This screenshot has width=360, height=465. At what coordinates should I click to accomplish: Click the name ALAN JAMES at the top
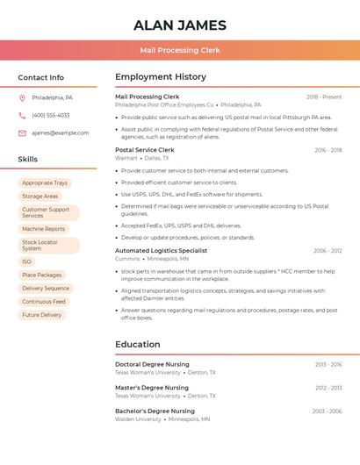click(180, 25)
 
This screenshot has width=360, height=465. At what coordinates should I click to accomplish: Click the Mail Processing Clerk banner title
click(180, 51)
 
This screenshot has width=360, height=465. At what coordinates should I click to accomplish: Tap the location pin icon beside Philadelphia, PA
click(22, 97)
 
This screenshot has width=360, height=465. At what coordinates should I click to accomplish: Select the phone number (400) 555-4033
click(50, 115)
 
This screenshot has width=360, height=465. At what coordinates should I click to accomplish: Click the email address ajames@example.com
click(60, 132)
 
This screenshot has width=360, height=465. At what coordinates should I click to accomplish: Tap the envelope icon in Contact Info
click(22, 132)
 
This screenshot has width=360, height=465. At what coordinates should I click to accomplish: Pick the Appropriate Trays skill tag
click(45, 183)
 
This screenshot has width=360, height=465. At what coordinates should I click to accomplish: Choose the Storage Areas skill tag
click(40, 197)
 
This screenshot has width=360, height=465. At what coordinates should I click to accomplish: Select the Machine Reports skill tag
click(44, 229)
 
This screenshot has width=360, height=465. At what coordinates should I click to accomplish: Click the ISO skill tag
click(27, 261)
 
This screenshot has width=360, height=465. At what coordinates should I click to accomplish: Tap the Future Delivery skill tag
click(42, 315)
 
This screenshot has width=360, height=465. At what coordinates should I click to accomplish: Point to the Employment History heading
click(161, 77)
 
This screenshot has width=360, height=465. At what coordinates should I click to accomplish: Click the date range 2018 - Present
click(324, 97)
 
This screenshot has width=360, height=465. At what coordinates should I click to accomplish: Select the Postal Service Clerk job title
click(145, 150)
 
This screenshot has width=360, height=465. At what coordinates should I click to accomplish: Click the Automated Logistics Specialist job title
click(161, 251)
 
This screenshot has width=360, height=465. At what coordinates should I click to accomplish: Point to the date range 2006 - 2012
click(328, 251)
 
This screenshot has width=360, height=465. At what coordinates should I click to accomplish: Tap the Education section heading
click(138, 345)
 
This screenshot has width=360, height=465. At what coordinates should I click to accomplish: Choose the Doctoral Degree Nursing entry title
click(152, 364)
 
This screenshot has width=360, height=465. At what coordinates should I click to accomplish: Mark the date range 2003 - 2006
click(327, 411)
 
